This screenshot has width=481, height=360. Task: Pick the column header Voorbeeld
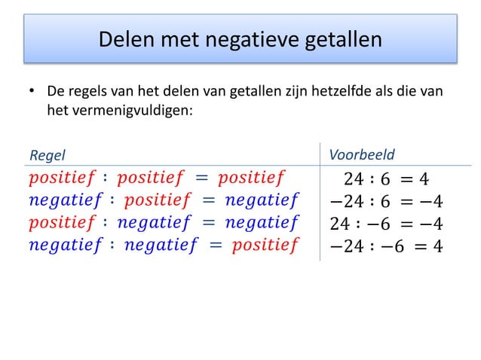pos(362,155)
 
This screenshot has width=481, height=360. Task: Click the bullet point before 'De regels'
pos(32,93)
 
